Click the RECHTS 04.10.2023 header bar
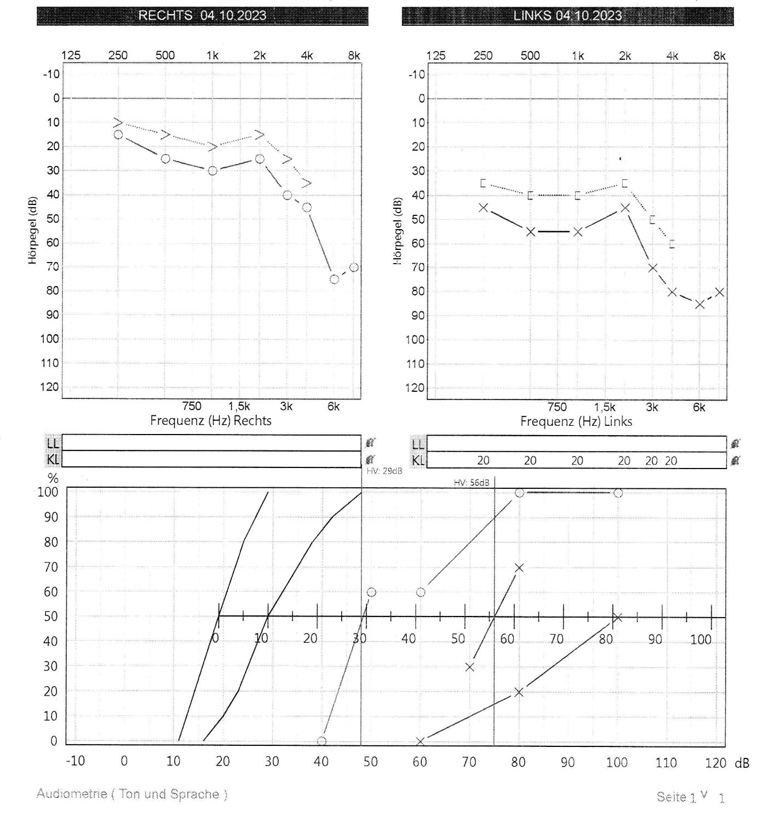tap(202, 15)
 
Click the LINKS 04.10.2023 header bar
tap(567, 15)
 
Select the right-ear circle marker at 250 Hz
tap(118, 134)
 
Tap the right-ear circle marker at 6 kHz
tap(334, 279)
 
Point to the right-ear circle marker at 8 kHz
tap(354, 267)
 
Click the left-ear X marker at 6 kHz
tap(699, 304)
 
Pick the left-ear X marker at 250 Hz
tap(483, 208)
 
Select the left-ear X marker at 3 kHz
tap(652, 267)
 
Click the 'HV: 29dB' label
tap(384, 471)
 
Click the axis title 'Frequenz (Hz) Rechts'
tap(211, 421)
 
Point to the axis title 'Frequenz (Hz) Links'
tap(576, 421)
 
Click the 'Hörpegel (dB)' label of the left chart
tap(33, 230)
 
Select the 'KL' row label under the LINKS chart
tap(418, 460)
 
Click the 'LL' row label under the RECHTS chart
tap(53, 443)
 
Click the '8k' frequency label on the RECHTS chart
tap(354, 55)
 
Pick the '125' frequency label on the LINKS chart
tap(436, 55)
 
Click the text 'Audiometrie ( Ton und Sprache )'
tap(132, 794)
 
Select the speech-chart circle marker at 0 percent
tap(322, 741)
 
